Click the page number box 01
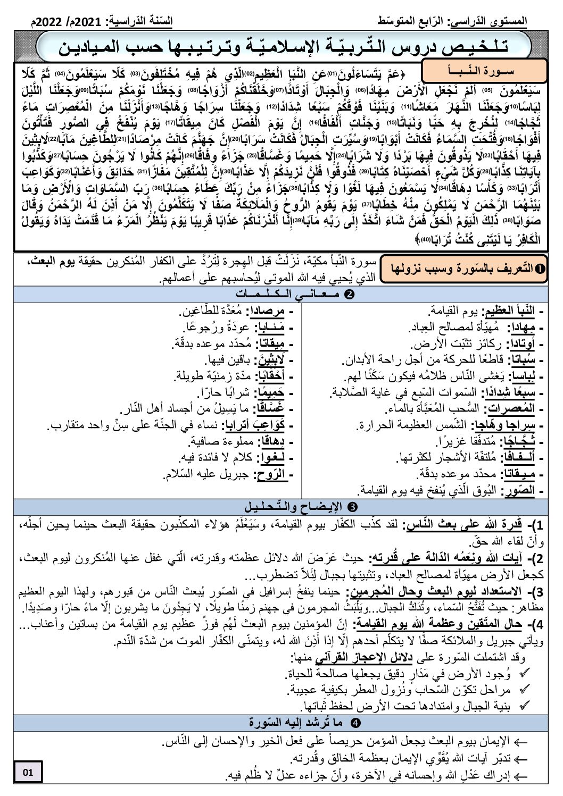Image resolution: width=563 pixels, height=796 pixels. (28, 772)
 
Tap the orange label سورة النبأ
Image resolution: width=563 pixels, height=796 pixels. (484, 71)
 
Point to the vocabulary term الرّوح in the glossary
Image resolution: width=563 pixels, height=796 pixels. (272, 474)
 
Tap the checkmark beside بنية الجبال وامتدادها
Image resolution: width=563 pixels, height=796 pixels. (523, 706)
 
